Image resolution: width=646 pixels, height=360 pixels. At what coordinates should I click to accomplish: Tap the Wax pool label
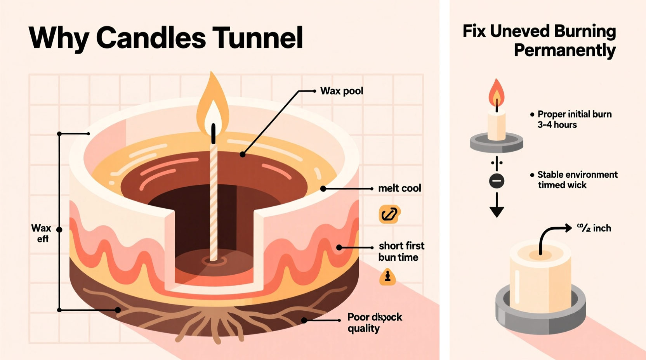pos(342,91)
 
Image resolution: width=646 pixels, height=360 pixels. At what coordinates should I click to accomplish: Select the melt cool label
pos(399,189)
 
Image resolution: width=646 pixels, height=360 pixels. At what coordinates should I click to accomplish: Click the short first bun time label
pos(401,251)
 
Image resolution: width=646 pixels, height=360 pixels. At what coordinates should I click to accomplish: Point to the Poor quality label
pos(374,323)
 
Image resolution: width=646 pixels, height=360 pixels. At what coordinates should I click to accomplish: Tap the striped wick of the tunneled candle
pos(214,202)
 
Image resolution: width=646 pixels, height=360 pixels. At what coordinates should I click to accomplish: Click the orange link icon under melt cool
pos(389,214)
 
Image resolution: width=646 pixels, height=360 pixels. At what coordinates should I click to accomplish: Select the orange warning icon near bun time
pos(387,277)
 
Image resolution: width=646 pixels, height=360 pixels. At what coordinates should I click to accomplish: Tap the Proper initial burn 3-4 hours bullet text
pos(574,119)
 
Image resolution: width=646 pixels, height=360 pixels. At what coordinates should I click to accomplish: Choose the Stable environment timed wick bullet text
pos(577,180)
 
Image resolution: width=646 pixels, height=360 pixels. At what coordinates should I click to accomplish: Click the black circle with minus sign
pos(497,181)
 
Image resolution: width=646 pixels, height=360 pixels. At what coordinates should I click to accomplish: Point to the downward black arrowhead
pos(497,211)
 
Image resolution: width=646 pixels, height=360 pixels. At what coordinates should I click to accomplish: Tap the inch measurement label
pos(594,228)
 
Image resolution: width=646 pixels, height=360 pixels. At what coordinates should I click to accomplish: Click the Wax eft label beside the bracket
pos(41,233)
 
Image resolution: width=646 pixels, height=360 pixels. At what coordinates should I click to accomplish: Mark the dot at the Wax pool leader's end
pos(243,154)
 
